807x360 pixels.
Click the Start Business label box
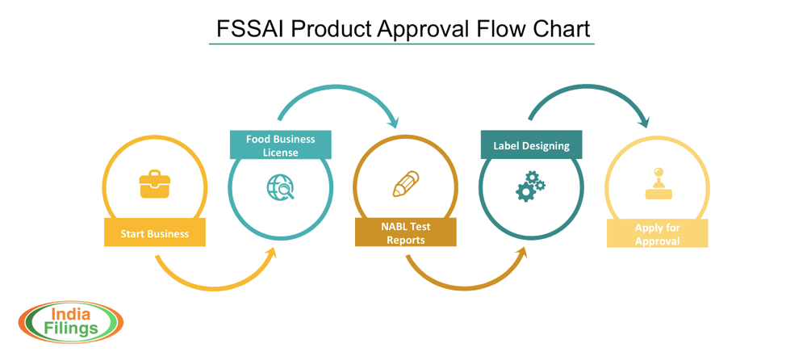point(154,233)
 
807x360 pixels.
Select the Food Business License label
point(280,145)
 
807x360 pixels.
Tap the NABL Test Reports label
point(405,233)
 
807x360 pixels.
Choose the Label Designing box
point(531,145)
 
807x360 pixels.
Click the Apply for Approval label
point(657,234)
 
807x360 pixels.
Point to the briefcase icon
point(154,185)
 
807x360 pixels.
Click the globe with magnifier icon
point(280,186)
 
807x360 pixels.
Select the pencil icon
point(405,184)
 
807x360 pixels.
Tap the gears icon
point(530,186)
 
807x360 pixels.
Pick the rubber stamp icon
point(657,183)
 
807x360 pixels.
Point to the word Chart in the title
point(560,28)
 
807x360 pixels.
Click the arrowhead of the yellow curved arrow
point(271,253)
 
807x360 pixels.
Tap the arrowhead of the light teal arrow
point(394,122)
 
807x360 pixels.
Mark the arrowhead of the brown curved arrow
point(521,253)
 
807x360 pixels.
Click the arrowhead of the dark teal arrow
point(643,122)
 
